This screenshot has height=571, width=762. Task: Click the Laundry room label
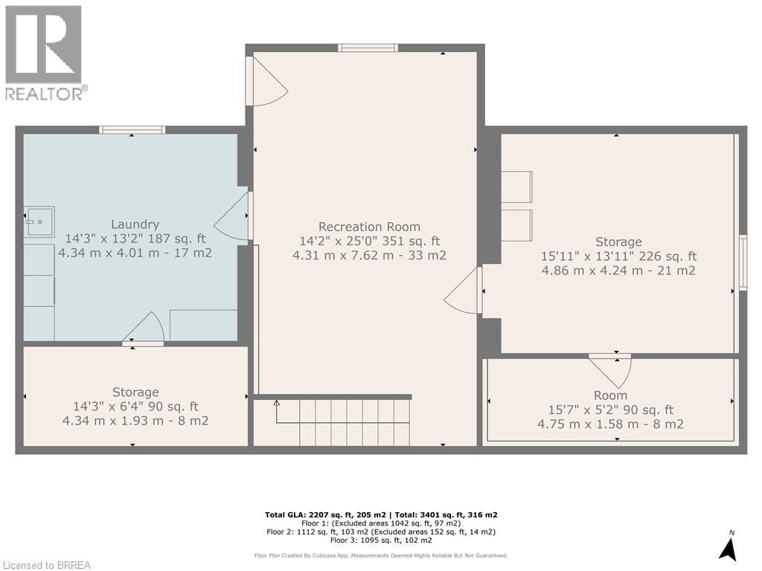pos(135,224)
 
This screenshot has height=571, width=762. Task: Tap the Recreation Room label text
pos(369,227)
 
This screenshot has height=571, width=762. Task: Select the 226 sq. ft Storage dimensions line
pos(618,257)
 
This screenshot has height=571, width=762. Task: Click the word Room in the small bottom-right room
pos(610,396)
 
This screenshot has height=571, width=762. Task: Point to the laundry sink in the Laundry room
pos(38,221)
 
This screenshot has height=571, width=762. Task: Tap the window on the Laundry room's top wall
pos(132,129)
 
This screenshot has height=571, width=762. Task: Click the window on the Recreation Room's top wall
pos(368,48)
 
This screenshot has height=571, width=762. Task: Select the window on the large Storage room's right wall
pos(742,262)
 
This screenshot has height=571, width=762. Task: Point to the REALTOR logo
pos(45,52)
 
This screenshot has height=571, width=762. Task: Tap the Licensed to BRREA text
pos(46,565)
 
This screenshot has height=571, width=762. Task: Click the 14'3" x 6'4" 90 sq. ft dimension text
pos(135,407)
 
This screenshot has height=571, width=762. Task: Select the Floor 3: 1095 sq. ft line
pos(380,541)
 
